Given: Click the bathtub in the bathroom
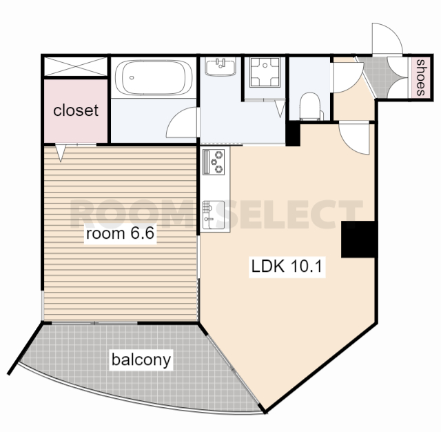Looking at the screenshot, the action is (154, 77).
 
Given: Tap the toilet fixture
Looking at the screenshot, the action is (311, 106).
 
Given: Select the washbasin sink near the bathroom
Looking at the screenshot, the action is (220, 67).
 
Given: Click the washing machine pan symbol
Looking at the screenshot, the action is (265, 72).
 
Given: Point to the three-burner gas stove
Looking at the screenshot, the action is (214, 162).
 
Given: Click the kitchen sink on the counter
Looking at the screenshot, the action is (214, 215).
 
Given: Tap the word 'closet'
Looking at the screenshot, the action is (76, 110).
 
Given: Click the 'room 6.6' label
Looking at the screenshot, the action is (120, 233).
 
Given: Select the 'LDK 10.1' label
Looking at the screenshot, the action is (287, 266).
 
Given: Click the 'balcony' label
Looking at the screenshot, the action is (141, 360).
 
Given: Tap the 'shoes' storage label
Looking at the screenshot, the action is (420, 77).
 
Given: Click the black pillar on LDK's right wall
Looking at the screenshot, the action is (358, 239).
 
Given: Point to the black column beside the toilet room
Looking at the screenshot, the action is (293, 133).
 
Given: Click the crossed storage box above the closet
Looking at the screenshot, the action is (76, 66).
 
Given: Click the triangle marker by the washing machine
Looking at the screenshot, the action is (280, 109).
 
